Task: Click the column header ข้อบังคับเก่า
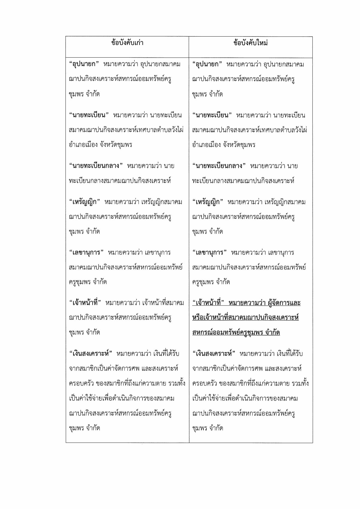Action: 127,43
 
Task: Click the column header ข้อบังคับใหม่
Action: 250,43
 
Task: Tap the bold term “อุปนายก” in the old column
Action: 84,64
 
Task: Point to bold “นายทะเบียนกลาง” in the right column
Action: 219,166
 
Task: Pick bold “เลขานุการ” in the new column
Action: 209,252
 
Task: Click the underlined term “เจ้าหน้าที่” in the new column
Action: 208,303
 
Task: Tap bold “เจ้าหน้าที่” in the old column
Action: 85,303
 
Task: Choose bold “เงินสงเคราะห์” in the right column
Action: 214,353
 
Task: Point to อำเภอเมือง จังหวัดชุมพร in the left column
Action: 100,145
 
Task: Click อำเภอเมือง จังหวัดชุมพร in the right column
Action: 223,145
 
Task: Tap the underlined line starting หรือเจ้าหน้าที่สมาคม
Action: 245,318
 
